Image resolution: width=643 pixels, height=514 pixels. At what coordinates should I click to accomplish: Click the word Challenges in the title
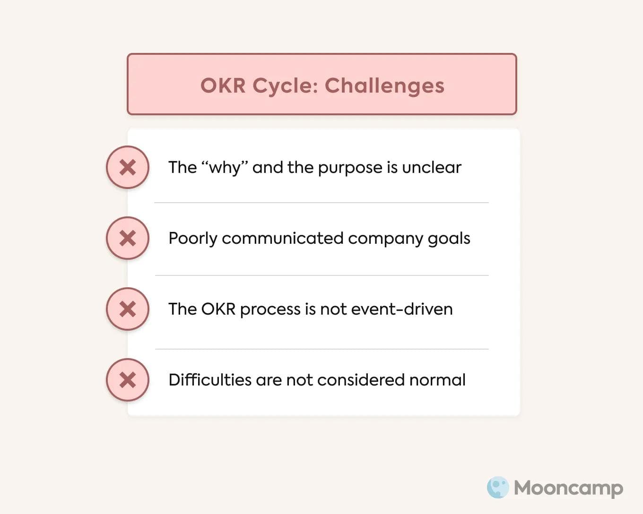click(x=384, y=86)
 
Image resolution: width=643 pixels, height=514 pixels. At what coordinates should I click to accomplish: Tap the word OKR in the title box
click(x=223, y=86)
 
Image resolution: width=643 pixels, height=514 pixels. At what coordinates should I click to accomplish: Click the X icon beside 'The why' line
click(x=128, y=167)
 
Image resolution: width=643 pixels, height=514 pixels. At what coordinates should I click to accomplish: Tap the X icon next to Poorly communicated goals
click(x=128, y=238)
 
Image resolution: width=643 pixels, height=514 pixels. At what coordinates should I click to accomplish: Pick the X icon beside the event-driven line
click(x=128, y=309)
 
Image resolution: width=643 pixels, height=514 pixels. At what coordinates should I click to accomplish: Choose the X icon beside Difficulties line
click(x=128, y=380)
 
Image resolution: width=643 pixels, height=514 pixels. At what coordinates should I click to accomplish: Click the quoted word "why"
click(x=225, y=167)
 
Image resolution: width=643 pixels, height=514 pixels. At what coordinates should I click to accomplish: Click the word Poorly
click(x=192, y=239)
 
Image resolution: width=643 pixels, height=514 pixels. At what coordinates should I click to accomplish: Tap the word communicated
click(x=282, y=238)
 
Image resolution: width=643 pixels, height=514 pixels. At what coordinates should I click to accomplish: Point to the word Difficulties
click(x=209, y=380)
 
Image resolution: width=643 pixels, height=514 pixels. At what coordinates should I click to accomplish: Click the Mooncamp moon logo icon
click(x=498, y=488)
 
